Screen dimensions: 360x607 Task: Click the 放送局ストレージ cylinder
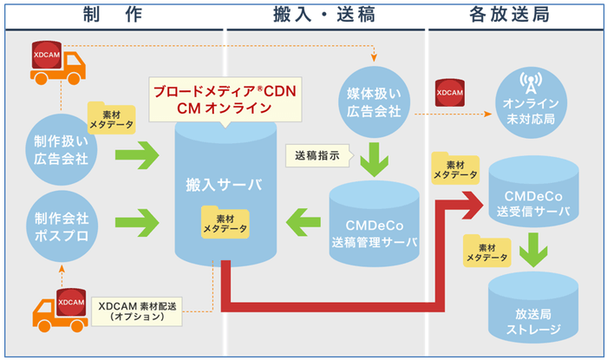pos(531,309)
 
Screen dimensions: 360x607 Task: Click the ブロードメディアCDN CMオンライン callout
pos(225,99)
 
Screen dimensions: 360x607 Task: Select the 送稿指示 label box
pos(317,155)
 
